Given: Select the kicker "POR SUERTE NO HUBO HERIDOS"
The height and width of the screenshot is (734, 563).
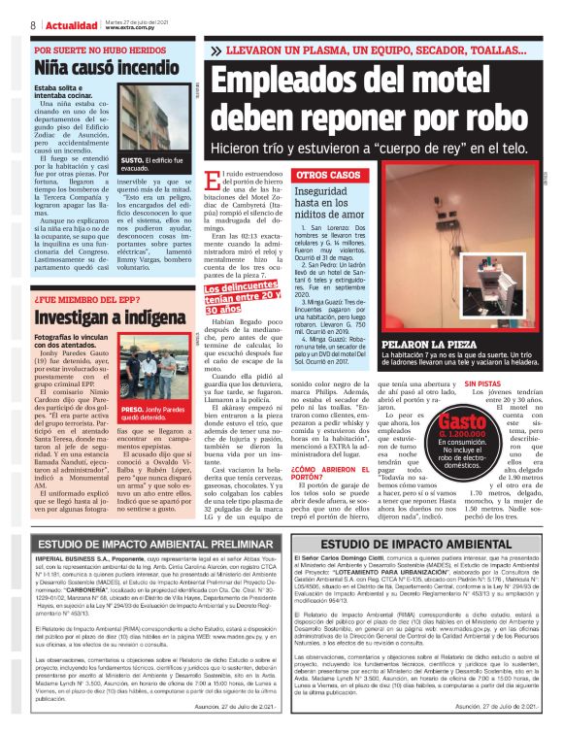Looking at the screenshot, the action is (x=96, y=50).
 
